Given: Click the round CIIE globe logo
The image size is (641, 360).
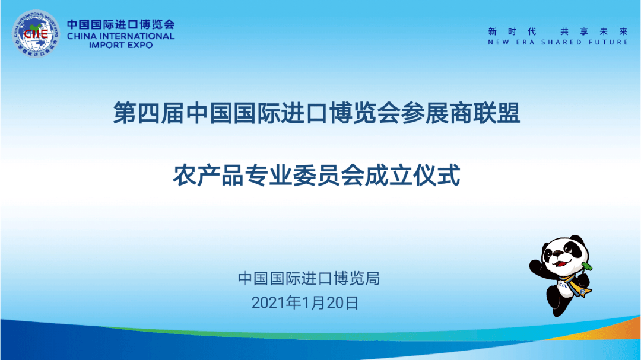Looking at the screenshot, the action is pyautogui.click(x=36, y=33).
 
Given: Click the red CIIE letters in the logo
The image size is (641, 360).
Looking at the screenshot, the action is pyautogui.click(x=36, y=33).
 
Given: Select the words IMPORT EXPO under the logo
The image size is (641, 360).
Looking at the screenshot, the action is pyautogui.click(x=121, y=45).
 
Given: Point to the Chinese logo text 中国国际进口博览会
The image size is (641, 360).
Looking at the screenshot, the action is pyautogui.click(x=121, y=24).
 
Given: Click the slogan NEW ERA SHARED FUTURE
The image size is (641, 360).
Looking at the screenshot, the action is pyautogui.click(x=558, y=42).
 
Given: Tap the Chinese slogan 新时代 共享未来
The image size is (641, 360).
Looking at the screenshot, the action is pyautogui.click(x=558, y=31).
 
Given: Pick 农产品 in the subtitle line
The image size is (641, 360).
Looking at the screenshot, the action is pyautogui.click(x=208, y=176).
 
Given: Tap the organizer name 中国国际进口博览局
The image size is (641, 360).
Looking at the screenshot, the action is pyautogui.click(x=309, y=278).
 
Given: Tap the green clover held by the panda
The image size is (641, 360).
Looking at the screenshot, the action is pyautogui.click(x=587, y=267).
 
